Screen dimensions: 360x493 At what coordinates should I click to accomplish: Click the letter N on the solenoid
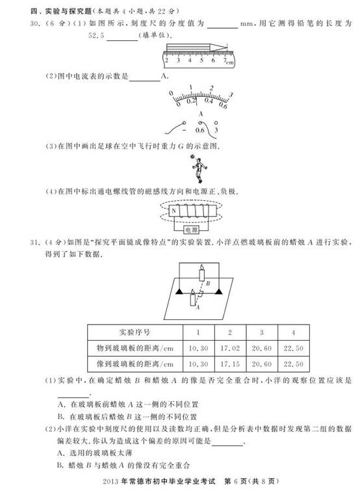point(173,211)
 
